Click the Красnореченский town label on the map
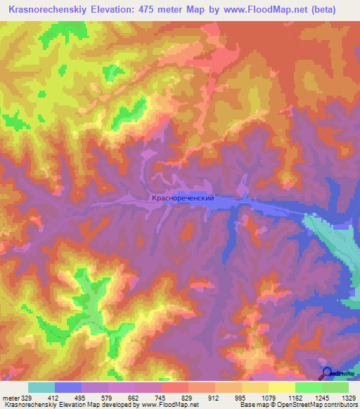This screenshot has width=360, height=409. (x=182, y=199)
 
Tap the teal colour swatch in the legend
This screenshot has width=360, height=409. (x=41, y=387)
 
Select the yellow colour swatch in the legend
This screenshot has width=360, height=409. (x=281, y=387)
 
